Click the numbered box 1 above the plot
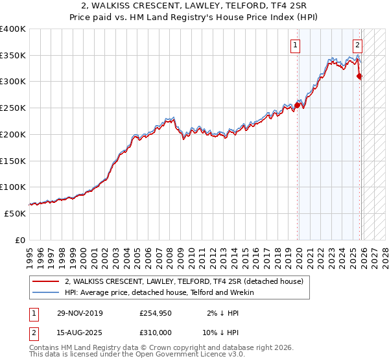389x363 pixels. point(295,45)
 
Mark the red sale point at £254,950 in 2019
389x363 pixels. point(298,105)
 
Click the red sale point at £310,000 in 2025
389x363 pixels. point(360,76)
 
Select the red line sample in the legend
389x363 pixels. point(46,281)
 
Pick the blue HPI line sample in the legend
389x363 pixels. point(46,292)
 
